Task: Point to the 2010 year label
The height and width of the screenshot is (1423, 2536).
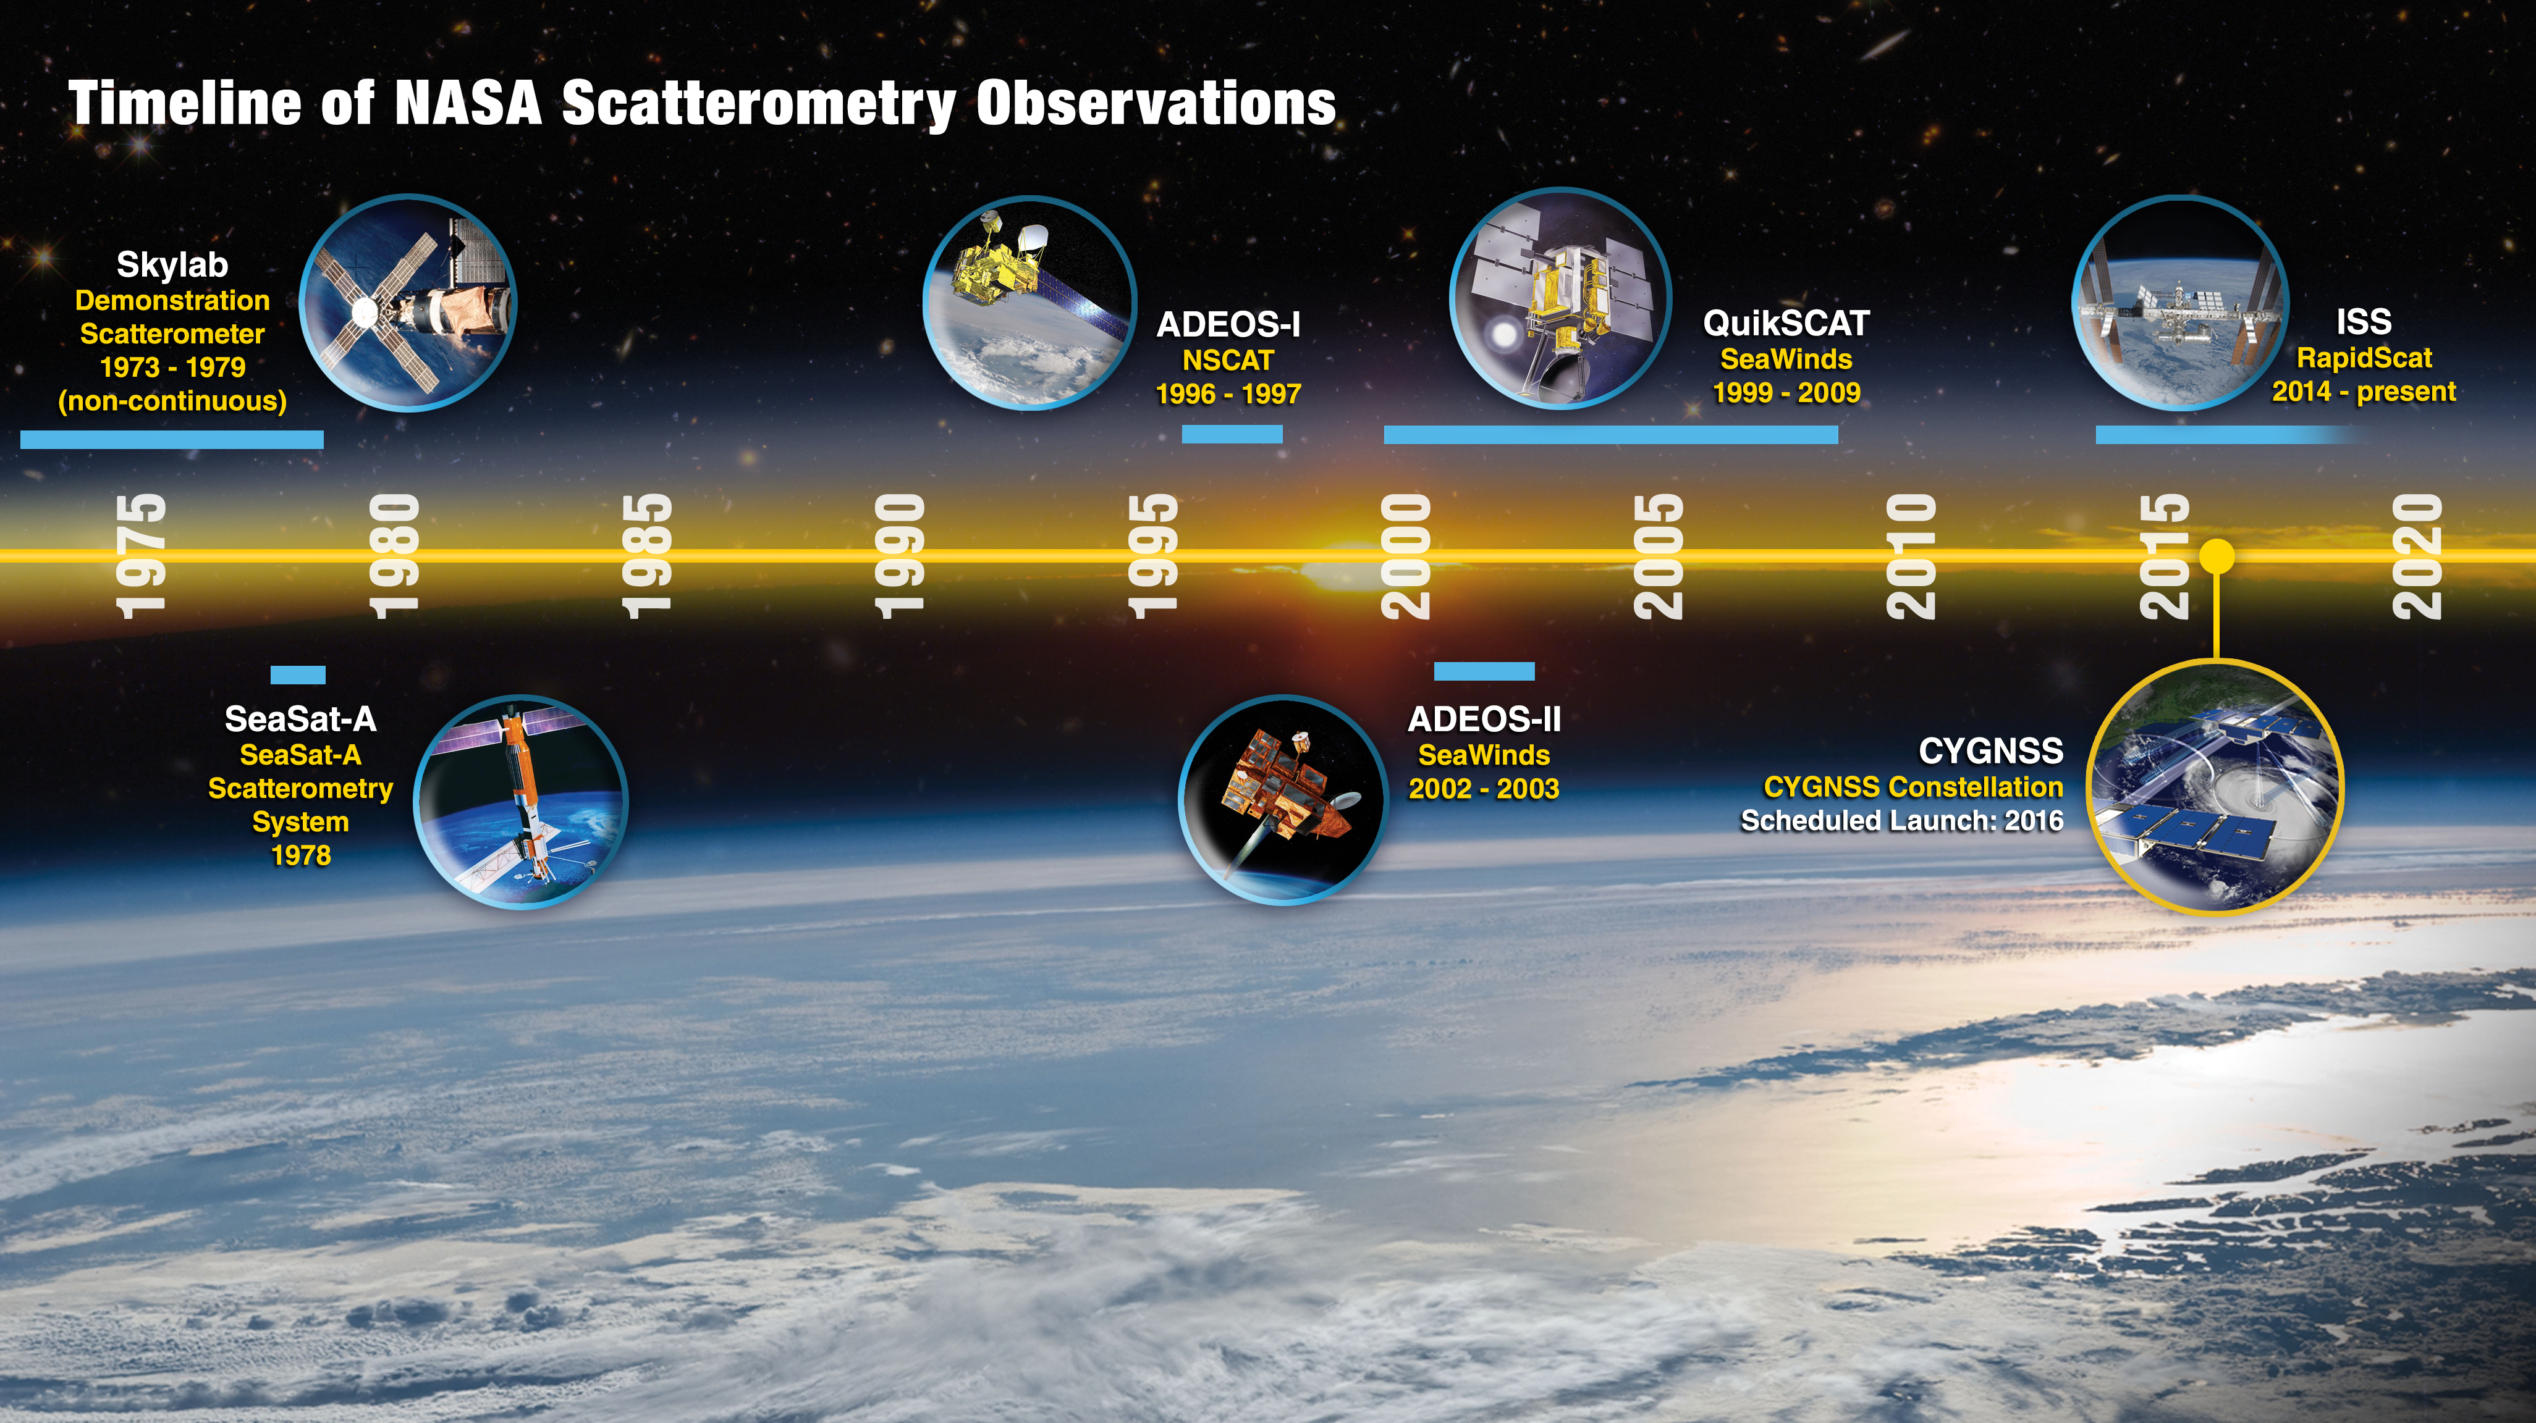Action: click(x=1911, y=556)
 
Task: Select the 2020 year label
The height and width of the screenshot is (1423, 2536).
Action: click(x=2417, y=556)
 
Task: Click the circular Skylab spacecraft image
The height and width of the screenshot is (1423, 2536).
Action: click(x=408, y=302)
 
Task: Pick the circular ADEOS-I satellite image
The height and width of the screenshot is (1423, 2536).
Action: click(x=1029, y=302)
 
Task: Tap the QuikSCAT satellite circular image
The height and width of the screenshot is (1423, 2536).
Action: click(x=1560, y=298)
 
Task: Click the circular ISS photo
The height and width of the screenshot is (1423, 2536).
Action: click(x=2181, y=302)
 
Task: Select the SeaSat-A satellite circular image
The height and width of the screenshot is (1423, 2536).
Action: click(x=520, y=802)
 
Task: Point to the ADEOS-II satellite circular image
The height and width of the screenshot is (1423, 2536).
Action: click(x=1283, y=799)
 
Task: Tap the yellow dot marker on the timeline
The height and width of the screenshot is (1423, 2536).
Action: click(x=2216, y=556)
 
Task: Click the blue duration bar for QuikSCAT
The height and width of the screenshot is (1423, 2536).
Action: click(x=1610, y=434)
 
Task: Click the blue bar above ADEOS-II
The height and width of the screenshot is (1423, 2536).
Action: click(x=1484, y=671)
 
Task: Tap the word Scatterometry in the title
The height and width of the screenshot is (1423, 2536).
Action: click(x=759, y=105)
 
